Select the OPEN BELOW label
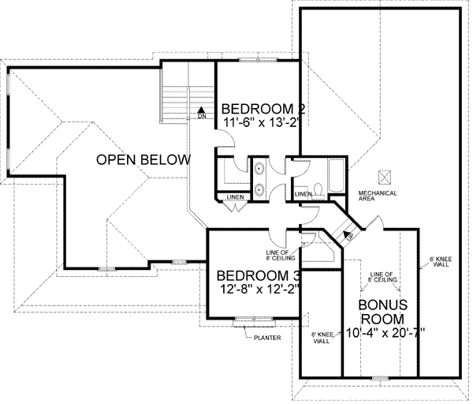coord(143,160)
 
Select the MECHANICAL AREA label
coord(376,196)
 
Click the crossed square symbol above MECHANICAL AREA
coord(385,177)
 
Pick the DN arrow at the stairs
coord(202,112)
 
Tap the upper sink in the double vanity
coord(259,168)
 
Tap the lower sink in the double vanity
coord(259,189)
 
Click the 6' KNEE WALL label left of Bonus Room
coord(321,339)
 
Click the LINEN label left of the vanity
coord(234,197)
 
